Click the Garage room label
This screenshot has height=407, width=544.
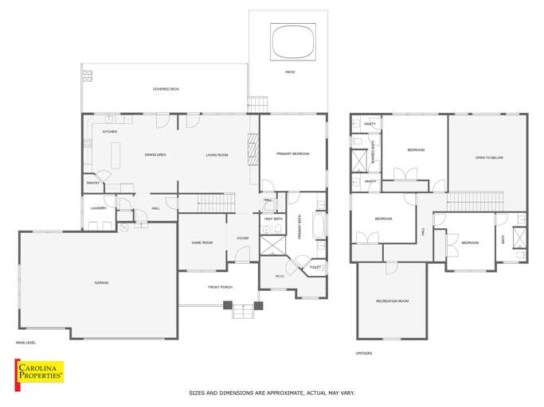[x=101, y=283]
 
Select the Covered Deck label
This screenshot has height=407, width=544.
[x=166, y=89]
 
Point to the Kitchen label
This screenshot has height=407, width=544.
[x=110, y=131]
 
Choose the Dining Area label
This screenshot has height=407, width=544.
[x=155, y=155]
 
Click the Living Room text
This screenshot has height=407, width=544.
[x=217, y=155]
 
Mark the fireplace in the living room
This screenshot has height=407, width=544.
[x=254, y=149]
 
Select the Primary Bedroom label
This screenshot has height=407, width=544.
[x=292, y=153]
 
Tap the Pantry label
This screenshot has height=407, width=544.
[x=92, y=183]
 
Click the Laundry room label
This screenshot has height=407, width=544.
[x=99, y=208]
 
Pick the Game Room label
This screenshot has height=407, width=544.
[x=202, y=242]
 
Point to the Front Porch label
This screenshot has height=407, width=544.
[x=220, y=286]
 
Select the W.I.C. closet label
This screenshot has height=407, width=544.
[x=280, y=277]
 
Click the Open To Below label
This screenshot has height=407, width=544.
[x=489, y=157]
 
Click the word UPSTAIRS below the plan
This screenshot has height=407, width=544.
[x=364, y=353]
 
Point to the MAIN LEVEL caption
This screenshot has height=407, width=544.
[x=26, y=343]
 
